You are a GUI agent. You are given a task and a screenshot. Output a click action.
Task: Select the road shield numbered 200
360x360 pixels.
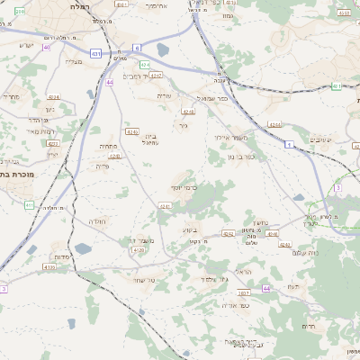(x=19, y=11)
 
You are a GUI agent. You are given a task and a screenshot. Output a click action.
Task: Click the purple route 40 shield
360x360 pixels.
(x=46, y=47)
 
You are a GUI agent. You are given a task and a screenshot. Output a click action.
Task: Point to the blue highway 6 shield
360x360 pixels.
(x=136, y=47)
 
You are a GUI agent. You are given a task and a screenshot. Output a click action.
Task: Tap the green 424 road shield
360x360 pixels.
(x=145, y=65)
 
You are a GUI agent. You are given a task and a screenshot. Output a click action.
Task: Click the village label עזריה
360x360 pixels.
(x=164, y=95)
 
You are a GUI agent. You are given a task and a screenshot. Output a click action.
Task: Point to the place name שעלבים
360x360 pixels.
(x=320, y=139)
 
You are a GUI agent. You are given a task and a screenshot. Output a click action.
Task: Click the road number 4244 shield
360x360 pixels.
(x=274, y=125)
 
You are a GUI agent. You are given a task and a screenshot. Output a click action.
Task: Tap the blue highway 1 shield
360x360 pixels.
(x=289, y=144)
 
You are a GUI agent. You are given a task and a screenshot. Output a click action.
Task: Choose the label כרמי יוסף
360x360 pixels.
(x=184, y=187)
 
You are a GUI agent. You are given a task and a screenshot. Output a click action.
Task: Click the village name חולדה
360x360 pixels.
(x=97, y=221)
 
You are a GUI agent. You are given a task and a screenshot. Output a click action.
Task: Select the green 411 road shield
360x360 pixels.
(x=29, y=205)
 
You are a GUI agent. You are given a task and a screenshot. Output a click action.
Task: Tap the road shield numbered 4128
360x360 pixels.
(x=137, y=250)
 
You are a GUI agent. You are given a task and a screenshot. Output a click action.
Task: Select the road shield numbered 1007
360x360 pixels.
(x=244, y=292)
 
